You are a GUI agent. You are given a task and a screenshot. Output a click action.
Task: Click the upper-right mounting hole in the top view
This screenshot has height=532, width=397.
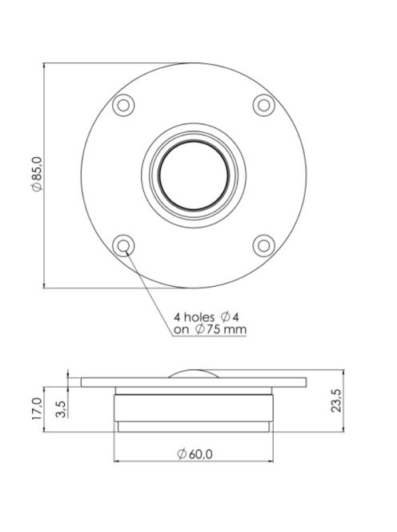click(263, 104)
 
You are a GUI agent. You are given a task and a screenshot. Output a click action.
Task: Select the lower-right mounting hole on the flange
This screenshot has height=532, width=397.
click(263, 245)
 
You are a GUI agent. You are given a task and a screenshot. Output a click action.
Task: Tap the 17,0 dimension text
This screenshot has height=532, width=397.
click(36, 409)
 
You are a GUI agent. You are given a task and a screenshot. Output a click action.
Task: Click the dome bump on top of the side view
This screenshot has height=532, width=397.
click(192, 373)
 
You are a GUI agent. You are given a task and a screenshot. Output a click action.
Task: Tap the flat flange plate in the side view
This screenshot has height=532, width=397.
click(192, 382)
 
